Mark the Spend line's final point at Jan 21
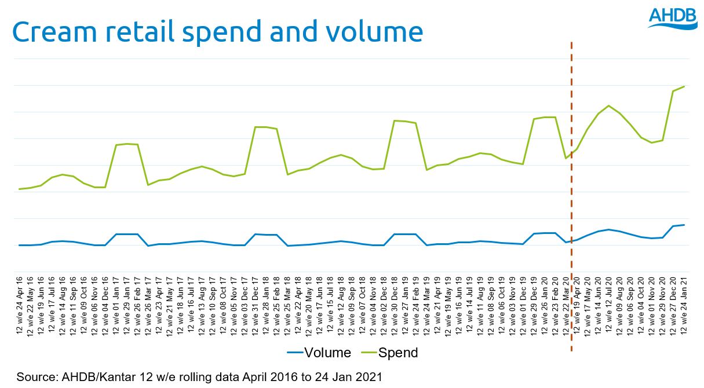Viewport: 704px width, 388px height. [684, 86]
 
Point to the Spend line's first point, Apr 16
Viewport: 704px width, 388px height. [20, 189]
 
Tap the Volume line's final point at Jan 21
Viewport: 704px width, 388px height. [684, 225]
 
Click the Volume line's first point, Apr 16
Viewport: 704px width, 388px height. [20, 245]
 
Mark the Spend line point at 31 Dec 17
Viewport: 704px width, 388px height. [256, 127]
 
